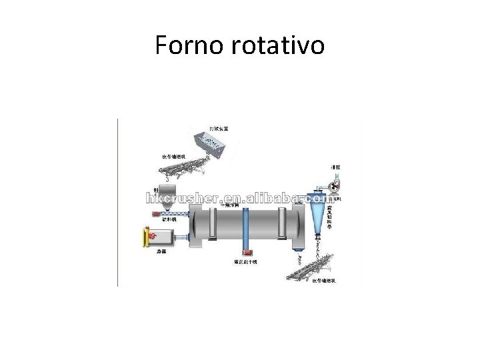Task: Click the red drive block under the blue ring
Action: coord(246,251)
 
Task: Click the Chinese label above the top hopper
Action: coord(218,127)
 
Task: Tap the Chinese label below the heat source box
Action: coord(161,252)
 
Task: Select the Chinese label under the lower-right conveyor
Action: coord(325,281)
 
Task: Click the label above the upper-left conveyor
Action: coord(175,157)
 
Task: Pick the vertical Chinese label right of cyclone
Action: coord(331,218)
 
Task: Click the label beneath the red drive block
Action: coord(245,262)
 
